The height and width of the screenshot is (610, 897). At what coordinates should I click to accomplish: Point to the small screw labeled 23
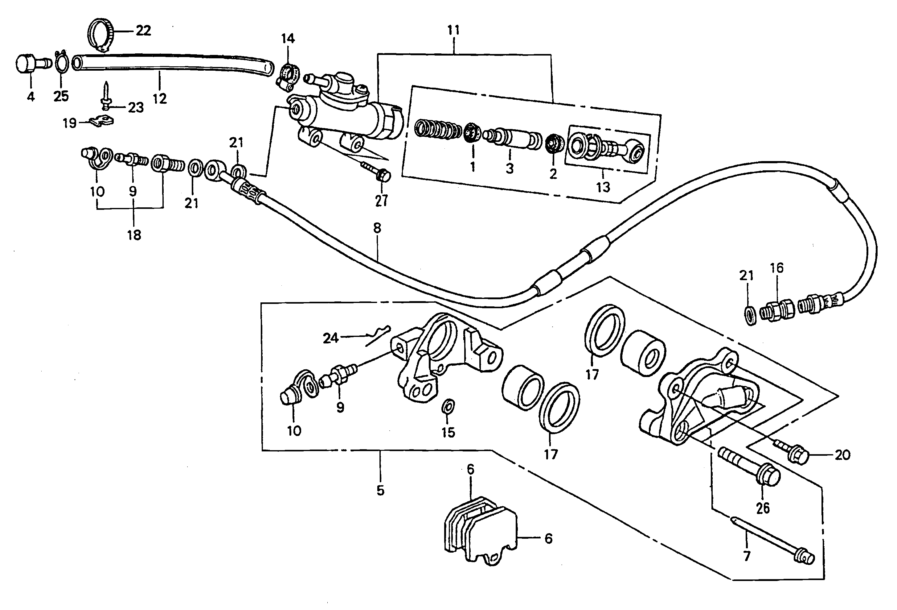(106, 97)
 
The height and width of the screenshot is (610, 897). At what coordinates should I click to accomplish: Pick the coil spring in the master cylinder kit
(438, 130)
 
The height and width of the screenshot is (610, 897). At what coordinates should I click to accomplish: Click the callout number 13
(603, 187)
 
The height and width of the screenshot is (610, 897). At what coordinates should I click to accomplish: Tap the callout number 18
(134, 235)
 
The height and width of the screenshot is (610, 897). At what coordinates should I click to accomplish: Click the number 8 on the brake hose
(377, 228)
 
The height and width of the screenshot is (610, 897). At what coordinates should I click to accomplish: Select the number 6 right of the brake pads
(548, 538)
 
